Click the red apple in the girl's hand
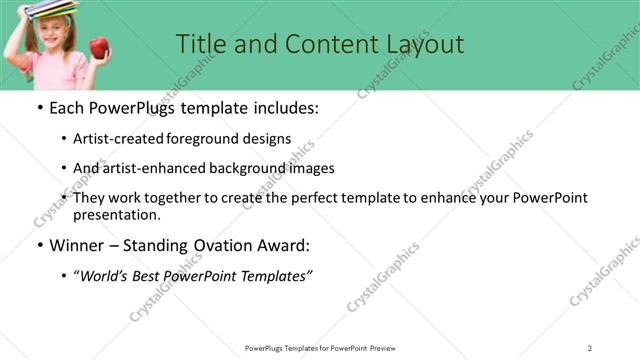(x=98, y=47)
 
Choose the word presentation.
(x=117, y=215)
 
